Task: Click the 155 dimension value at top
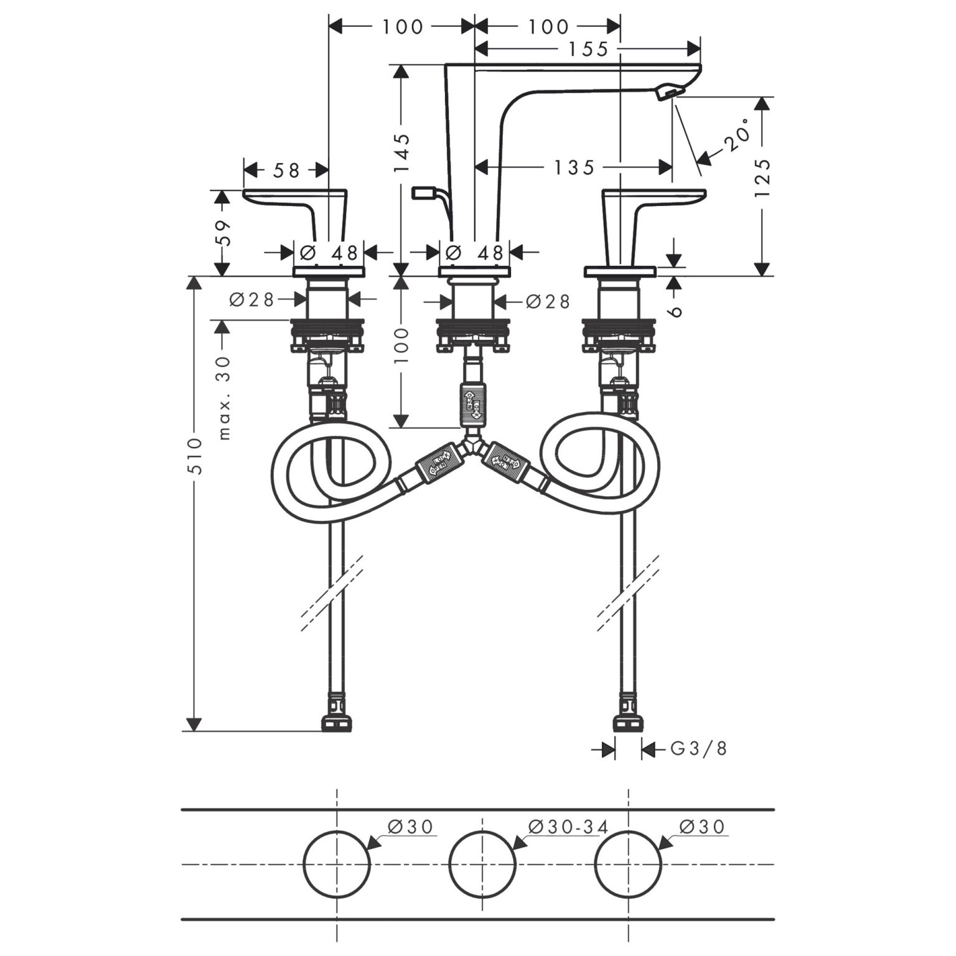click(588, 49)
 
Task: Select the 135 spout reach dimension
click(574, 167)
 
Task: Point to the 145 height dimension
click(402, 153)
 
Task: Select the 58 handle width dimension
click(286, 170)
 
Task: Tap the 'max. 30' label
click(224, 397)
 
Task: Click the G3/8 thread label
click(698, 748)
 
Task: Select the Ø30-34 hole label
click(568, 827)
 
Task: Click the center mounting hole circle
click(482, 864)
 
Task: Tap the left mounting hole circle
click(337, 864)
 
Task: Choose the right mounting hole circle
click(628, 864)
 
